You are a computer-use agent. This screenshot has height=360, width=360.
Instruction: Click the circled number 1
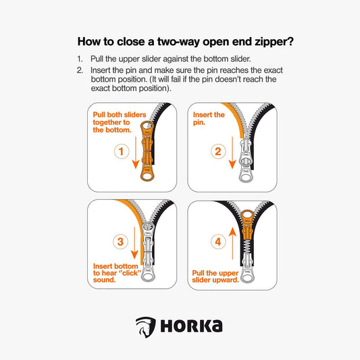click(x=122, y=151)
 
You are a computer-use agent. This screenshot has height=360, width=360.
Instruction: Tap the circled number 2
click(x=218, y=151)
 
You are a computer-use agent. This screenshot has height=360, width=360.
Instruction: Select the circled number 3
click(x=120, y=242)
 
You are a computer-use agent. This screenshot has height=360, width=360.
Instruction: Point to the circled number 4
click(x=218, y=242)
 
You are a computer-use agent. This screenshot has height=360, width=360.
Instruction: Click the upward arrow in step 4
click(x=232, y=243)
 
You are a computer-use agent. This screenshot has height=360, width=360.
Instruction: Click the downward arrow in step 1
click(x=136, y=153)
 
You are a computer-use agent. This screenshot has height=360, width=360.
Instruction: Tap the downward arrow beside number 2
click(x=232, y=153)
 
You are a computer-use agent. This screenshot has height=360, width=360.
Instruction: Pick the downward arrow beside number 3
click(x=134, y=243)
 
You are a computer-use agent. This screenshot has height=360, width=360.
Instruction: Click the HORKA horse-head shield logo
click(x=146, y=327)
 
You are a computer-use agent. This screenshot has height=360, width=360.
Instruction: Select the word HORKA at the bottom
click(x=191, y=326)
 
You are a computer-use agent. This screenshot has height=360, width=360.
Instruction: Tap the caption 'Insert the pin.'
click(x=209, y=118)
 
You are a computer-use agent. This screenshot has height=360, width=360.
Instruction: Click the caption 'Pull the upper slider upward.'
click(x=215, y=276)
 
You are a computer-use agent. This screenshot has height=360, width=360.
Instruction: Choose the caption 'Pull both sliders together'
click(x=120, y=118)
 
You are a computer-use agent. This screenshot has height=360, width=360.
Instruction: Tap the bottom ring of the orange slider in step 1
click(x=147, y=177)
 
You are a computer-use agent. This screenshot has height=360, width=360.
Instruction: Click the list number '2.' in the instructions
click(x=80, y=70)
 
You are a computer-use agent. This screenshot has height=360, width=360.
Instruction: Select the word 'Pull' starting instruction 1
click(x=97, y=59)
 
